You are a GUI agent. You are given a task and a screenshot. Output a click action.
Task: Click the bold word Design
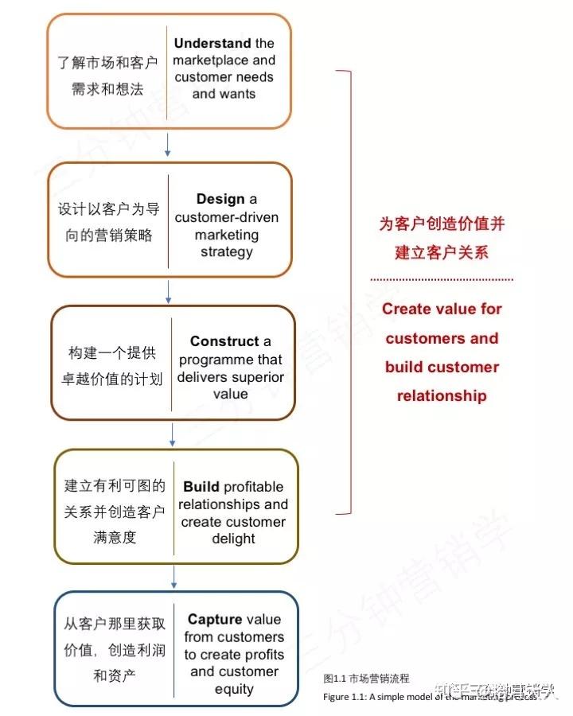[220, 200]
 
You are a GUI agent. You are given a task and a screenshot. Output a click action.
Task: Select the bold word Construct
[224, 341]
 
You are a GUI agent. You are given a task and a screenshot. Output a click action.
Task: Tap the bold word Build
[201, 487]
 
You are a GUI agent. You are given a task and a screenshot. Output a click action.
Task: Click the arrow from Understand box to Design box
[167, 144]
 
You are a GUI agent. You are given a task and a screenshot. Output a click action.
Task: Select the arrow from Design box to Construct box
[168, 290]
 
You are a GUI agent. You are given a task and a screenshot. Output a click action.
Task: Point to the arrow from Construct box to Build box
[172, 434]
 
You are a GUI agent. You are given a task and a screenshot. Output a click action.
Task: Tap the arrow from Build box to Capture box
[174, 577]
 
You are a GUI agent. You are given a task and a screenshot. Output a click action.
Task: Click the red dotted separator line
[442, 279]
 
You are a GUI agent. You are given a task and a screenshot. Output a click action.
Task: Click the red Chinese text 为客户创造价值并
[442, 224]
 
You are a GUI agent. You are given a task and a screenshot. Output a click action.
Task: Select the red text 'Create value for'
[442, 309]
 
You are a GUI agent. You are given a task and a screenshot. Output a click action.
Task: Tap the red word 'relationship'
[442, 395]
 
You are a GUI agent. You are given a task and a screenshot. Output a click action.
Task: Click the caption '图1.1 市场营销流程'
[367, 679]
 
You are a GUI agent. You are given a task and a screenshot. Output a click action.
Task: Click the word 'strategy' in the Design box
[226, 252]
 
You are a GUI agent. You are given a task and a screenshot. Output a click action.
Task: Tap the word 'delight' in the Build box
[233, 539]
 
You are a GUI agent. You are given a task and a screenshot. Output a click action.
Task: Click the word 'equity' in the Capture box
[234, 689]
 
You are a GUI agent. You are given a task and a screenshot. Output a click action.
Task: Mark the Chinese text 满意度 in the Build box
[115, 538]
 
